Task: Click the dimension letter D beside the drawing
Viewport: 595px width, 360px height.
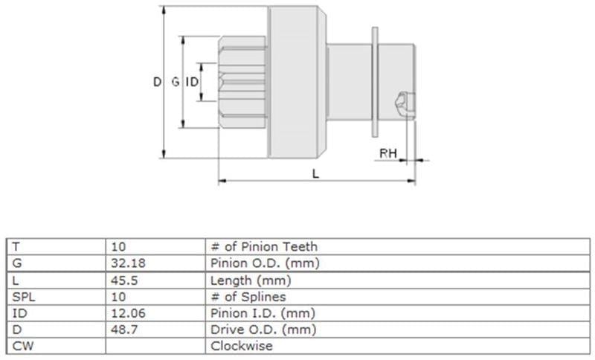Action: coord(157,82)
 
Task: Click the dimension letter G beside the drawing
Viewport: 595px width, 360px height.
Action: coord(176,82)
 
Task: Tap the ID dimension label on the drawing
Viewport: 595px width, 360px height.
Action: coord(192,82)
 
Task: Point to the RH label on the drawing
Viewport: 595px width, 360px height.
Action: coord(387,153)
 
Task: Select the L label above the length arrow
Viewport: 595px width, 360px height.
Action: coord(315,174)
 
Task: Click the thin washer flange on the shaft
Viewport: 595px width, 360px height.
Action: coord(375,82)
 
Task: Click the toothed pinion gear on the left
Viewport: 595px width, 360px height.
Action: coord(243,82)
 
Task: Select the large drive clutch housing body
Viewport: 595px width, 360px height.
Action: coord(297,82)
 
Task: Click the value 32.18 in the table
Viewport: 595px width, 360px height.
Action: coord(128,263)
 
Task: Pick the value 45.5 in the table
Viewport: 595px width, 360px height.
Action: coord(124,280)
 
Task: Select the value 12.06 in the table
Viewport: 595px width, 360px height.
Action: coord(128,313)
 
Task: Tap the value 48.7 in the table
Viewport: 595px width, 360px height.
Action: coord(124,330)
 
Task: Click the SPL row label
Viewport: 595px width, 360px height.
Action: coord(24,297)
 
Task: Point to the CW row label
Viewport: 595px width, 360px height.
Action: coord(23,346)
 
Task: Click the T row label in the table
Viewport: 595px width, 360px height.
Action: coord(16,247)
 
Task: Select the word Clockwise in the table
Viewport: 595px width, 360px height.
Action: coord(241,346)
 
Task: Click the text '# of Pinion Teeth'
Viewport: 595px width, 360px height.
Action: coord(264,247)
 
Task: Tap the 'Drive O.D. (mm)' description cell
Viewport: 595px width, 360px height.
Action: coord(263,330)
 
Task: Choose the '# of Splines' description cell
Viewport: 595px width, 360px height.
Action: coord(248,297)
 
